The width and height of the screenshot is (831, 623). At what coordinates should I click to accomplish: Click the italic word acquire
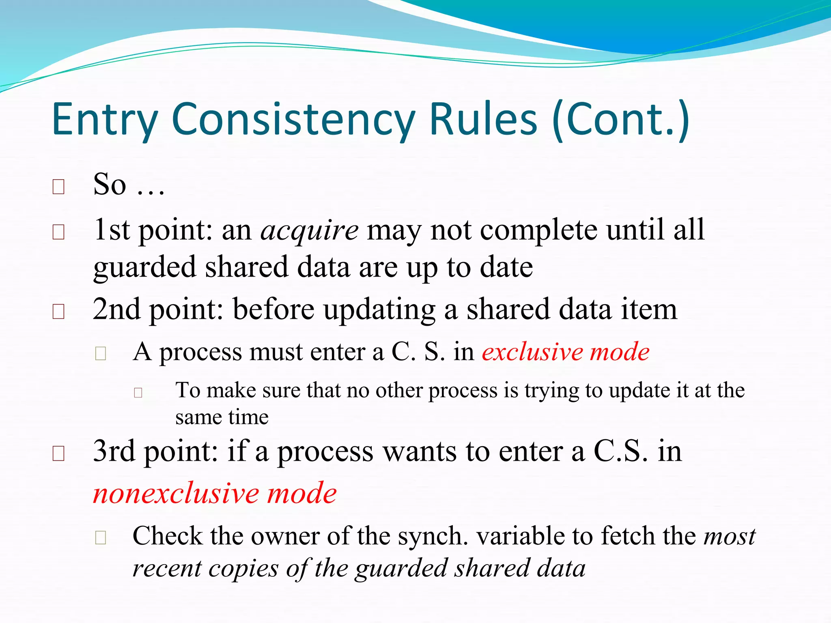click(309, 230)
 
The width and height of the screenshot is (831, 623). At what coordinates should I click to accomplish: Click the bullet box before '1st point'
click(59, 232)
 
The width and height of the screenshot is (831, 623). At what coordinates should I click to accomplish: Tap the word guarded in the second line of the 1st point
click(145, 268)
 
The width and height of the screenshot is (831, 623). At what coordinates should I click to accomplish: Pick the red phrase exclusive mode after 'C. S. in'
click(566, 352)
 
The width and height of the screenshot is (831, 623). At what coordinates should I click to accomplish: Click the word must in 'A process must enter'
click(276, 352)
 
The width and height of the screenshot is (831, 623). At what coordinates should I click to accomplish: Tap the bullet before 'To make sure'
click(138, 393)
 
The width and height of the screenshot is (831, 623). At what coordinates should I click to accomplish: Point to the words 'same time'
click(222, 417)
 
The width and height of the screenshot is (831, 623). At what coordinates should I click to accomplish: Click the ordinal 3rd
click(114, 451)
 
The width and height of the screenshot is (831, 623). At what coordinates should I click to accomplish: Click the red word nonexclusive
click(176, 494)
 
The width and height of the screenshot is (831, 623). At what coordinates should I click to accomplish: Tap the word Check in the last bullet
click(167, 536)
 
